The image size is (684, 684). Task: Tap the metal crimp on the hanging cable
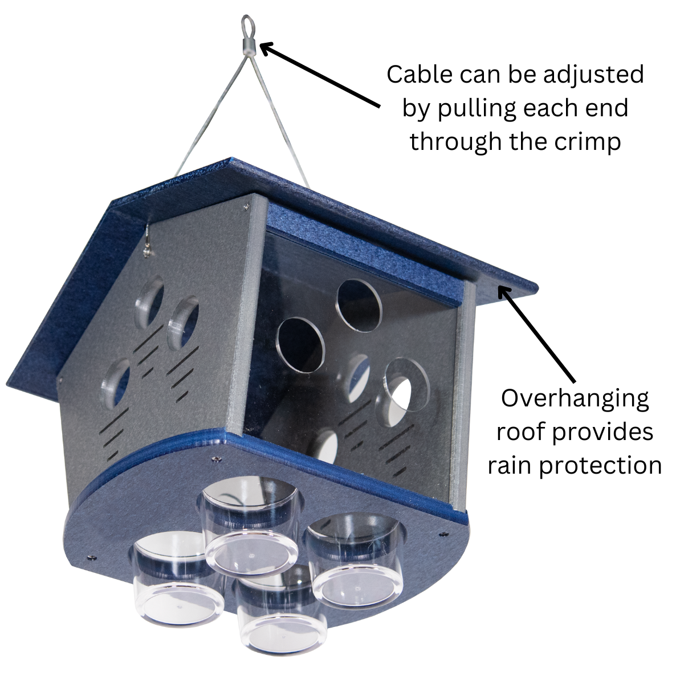coord(249,46)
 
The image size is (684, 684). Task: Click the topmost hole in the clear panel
coord(359,305)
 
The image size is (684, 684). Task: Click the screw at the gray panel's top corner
coord(247,203)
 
